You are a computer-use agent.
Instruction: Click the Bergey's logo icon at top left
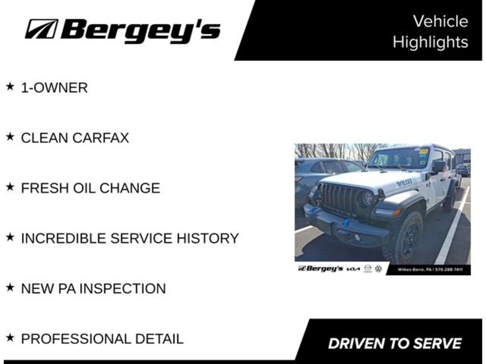(x=41, y=29)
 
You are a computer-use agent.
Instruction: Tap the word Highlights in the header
(x=430, y=42)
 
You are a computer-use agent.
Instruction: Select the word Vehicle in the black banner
(x=440, y=21)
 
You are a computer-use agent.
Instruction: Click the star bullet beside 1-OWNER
(x=9, y=87)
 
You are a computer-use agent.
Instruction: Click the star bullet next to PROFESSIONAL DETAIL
(x=9, y=338)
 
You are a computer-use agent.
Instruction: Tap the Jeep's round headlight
(x=368, y=199)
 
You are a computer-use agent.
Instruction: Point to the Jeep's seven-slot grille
(x=341, y=199)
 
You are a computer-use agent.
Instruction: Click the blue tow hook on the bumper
(x=346, y=222)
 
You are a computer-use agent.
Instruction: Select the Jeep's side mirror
(x=438, y=166)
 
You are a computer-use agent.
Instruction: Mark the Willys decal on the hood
(x=404, y=182)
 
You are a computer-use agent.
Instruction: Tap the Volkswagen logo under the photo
(x=378, y=269)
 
